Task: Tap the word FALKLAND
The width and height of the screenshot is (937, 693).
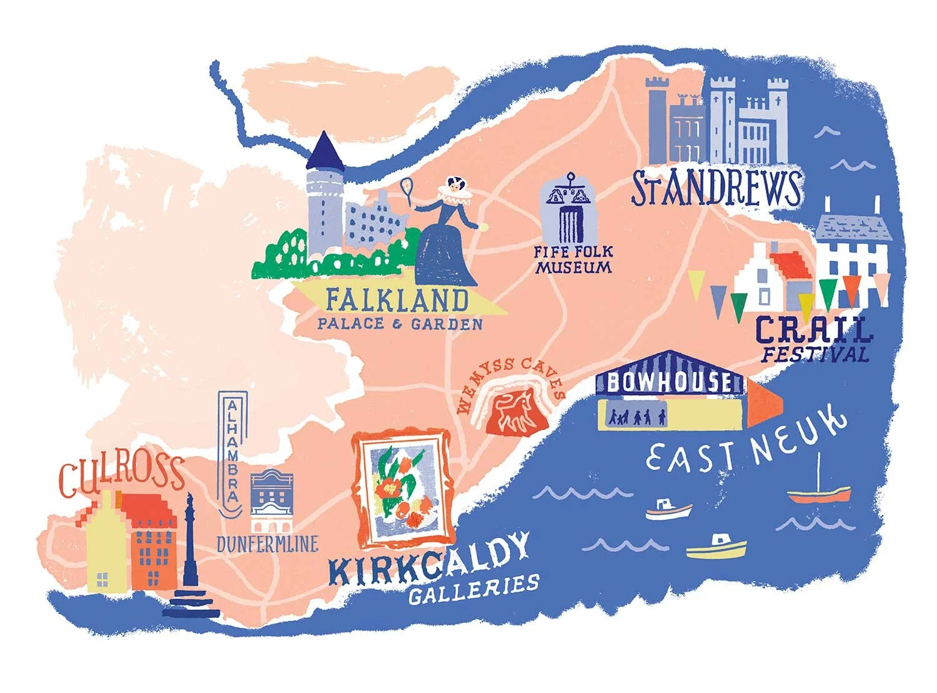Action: click(x=397, y=301)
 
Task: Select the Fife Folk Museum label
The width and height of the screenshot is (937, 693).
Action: click(x=573, y=259)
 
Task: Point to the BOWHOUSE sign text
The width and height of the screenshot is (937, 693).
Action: click(x=670, y=381)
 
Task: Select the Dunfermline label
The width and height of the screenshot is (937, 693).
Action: click(x=267, y=544)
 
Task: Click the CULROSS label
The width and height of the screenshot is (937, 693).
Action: click(x=122, y=476)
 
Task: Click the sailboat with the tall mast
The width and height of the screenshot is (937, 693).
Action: click(x=819, y=487)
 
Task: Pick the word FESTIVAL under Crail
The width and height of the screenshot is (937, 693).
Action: click(x=815, y=355)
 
